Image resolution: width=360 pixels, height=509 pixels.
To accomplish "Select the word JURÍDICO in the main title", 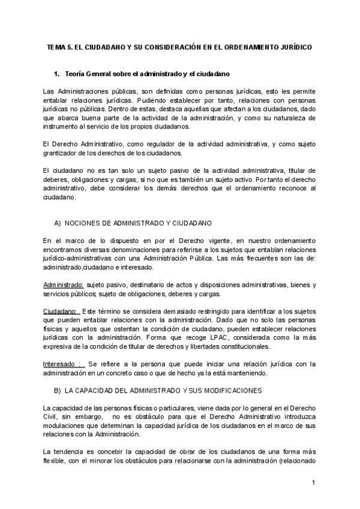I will point(295,46).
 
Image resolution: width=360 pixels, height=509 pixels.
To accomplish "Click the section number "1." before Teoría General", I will point(58,74).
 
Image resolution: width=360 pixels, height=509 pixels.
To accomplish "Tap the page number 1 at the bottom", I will point(313,483).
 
